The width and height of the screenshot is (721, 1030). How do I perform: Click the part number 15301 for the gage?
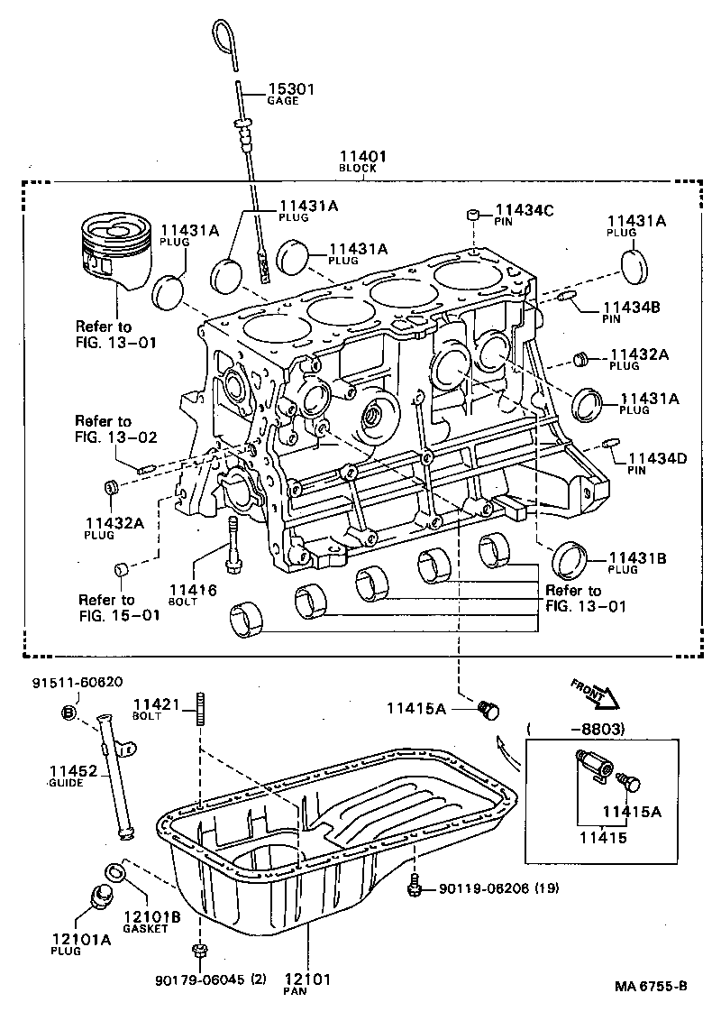coord(289,88)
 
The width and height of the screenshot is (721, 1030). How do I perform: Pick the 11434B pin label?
coord(631,308)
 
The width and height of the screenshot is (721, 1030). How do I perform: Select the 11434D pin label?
coord(657,459)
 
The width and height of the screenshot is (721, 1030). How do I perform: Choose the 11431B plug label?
coord(637,559)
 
